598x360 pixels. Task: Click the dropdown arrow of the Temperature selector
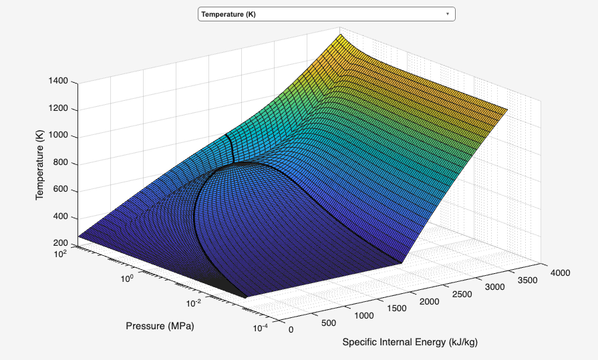(x=447, y=14)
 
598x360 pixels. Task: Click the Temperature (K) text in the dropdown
(x=229, y=14)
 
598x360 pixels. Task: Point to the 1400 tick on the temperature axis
(x=58, y=81)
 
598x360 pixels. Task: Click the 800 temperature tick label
(x=61, y=164)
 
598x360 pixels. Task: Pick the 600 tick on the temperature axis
(x=61, y=191)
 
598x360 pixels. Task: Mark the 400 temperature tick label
(x=61, y=218)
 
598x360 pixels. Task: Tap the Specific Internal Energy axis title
(x=410, y=342)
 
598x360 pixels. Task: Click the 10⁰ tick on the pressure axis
(x=127, y=278)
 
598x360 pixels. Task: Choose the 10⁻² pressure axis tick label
(x=194, y=304)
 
